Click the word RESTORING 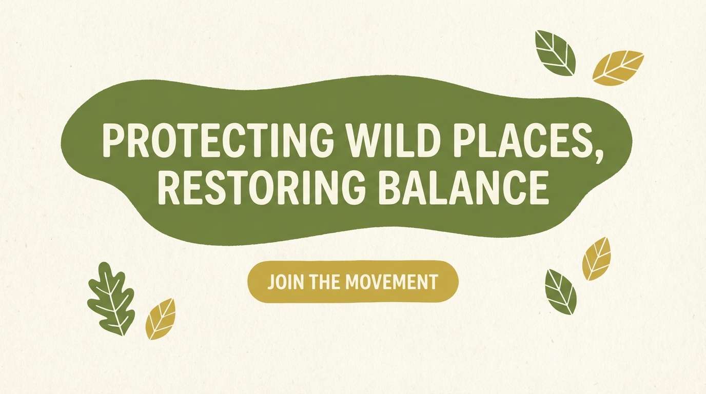[x=262, y=188]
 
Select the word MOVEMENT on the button [x=392, y=282]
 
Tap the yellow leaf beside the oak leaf [x=161, y=319]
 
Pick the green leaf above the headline [x=555, y=53]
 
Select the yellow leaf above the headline [x=617, y=68]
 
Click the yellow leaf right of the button [x=597, y=259]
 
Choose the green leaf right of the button [x=561, y=292]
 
